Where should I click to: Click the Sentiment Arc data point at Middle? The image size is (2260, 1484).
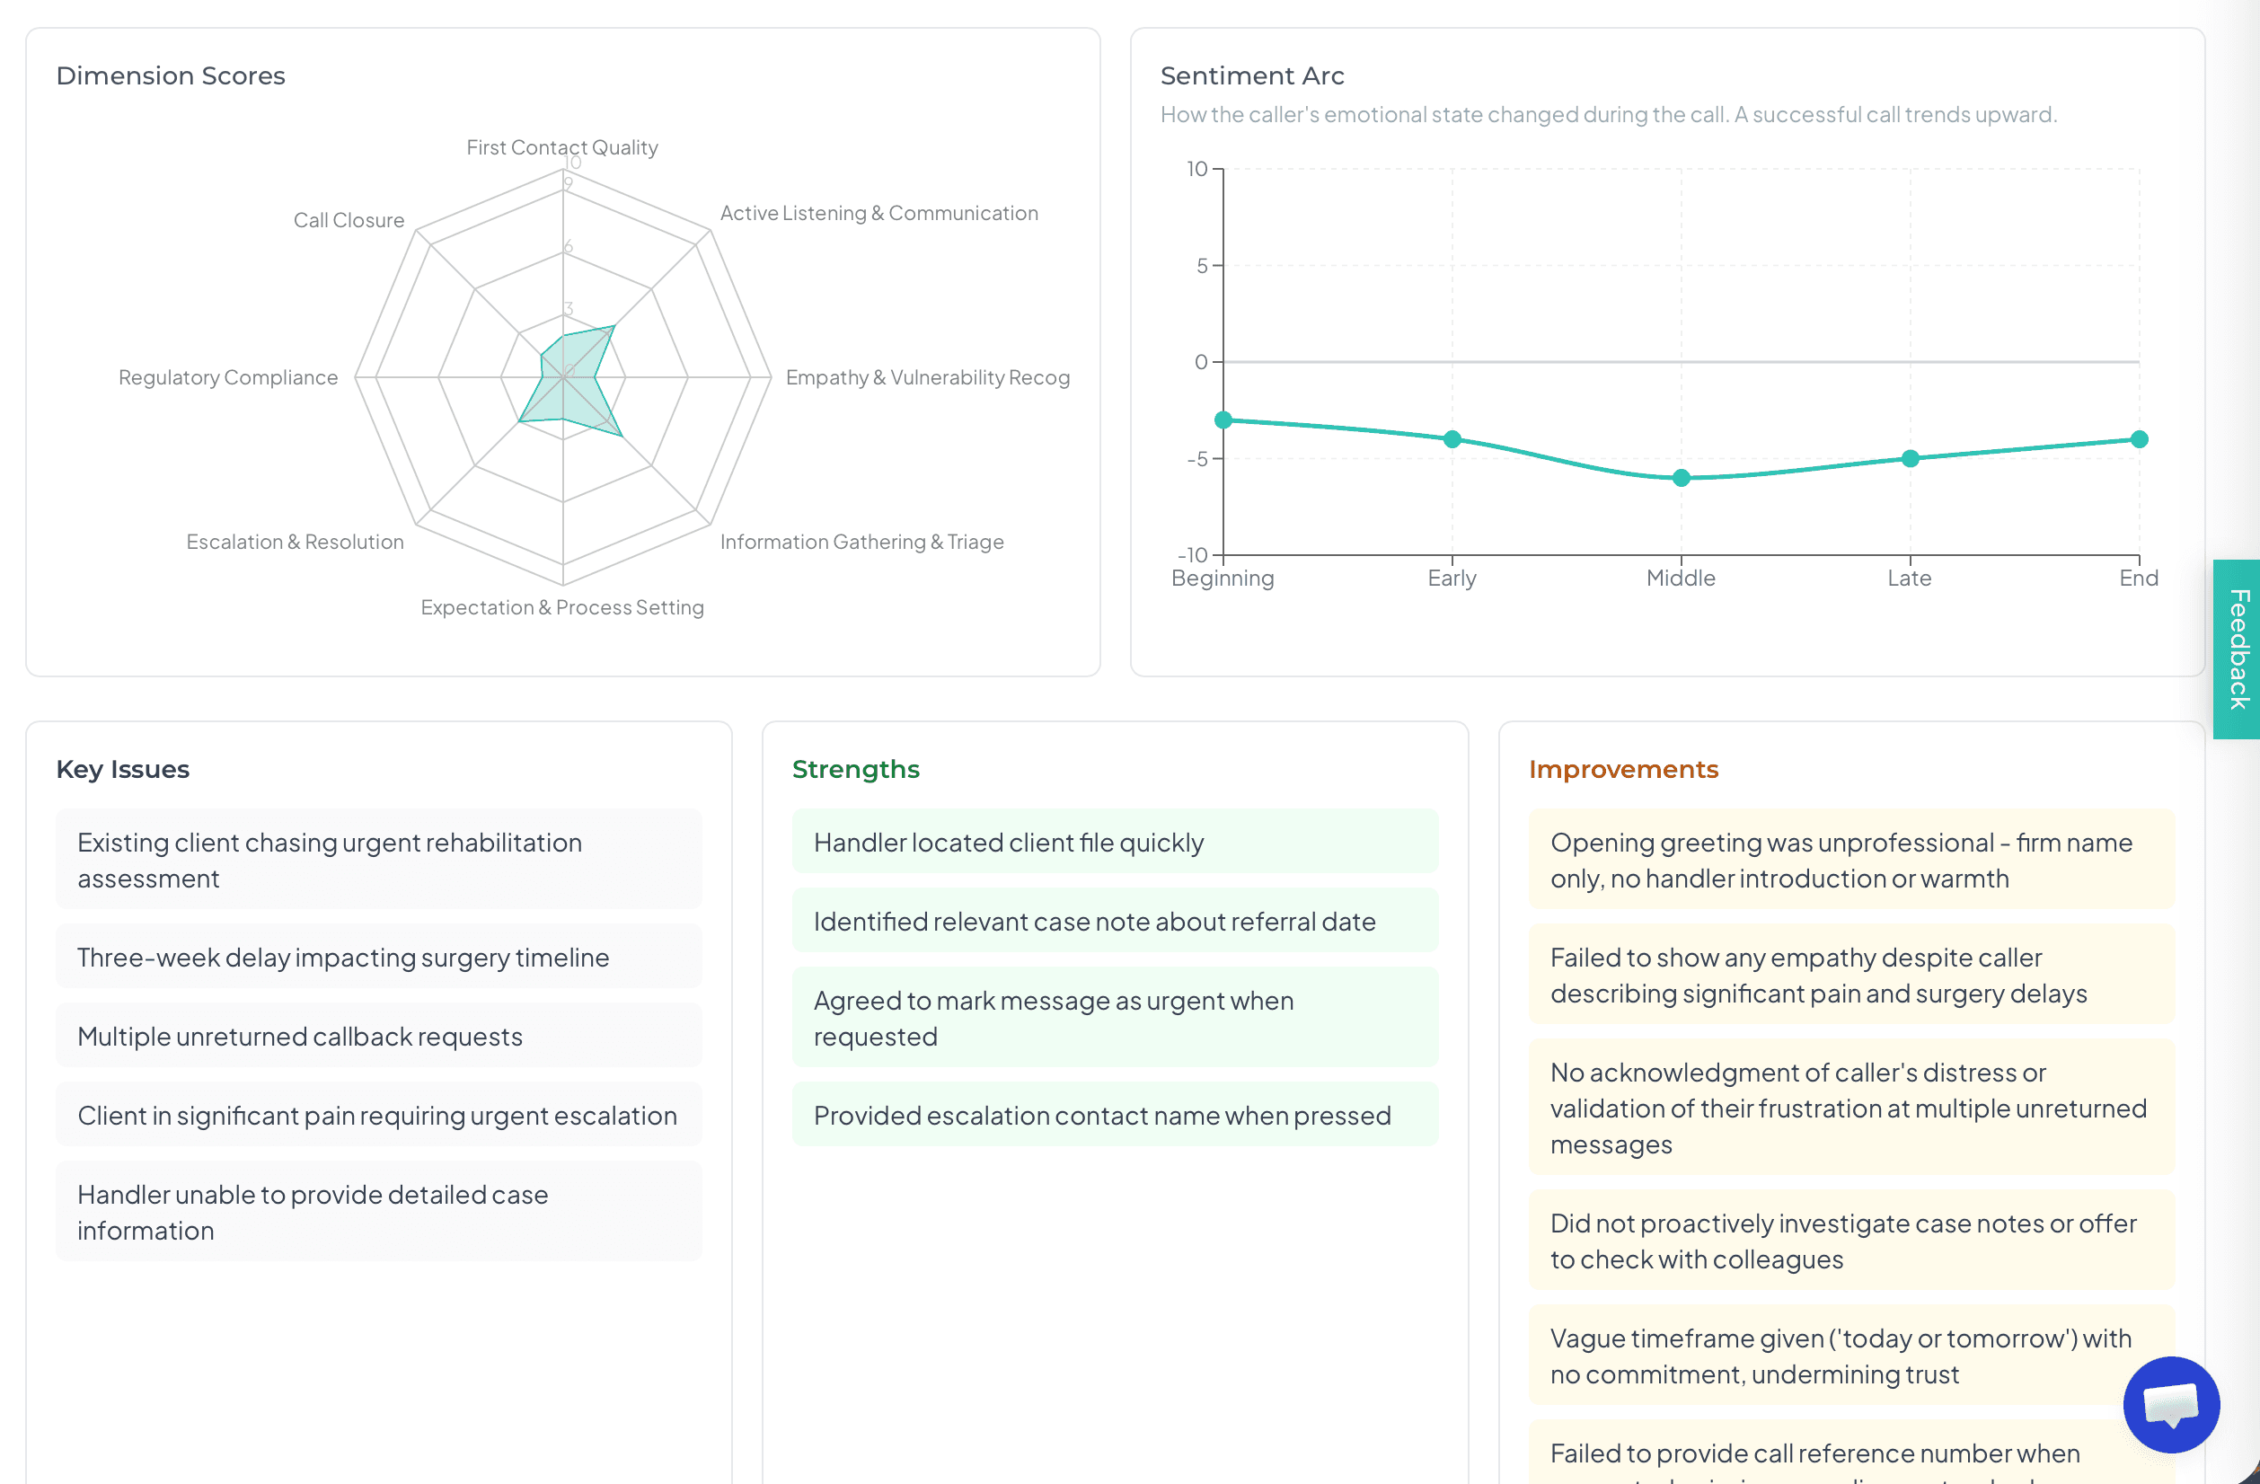coord(1681,478)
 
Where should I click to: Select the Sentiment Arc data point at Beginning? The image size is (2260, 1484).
coord(1223,420)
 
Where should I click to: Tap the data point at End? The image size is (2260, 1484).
coord(2139,438)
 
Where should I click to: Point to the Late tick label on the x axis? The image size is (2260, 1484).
coord(1909,579)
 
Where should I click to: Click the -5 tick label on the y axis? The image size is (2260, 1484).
coord(1196,459)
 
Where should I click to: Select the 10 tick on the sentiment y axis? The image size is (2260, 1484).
coord(1196,169)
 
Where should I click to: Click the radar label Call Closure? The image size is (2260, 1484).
coord(349,220)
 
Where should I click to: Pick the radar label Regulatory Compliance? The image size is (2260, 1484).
coord(228,377)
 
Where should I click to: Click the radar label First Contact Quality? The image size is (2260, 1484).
coord(561,147)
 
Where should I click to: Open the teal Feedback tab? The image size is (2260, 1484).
coord(2238,649)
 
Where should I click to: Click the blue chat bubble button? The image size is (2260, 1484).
coord(2171,1403)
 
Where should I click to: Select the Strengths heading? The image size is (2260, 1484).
coord(854,769)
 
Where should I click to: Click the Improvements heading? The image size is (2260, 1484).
coord(1623,769)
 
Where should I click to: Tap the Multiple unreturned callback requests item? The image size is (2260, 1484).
coord(300,1036)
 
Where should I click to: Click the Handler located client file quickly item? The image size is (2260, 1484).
coord(1009,843)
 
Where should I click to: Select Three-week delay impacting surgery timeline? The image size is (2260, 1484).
coord(343,957)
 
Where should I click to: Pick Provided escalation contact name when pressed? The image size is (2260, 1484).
coord(1101,1115)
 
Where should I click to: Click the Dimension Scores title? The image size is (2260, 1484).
coord(171,76)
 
